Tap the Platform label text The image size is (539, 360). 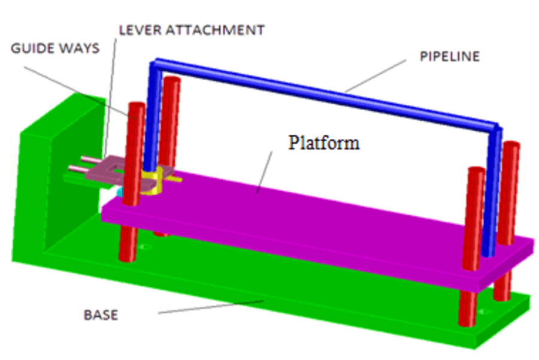point(324,143)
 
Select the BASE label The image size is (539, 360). point(100,315)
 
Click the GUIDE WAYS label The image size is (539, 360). point(55,49)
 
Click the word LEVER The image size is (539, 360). point(140,29)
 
